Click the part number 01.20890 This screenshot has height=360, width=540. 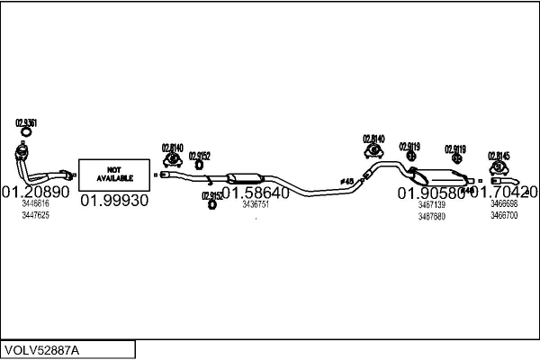click(35, 193)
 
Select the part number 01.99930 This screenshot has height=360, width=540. click(114, 201)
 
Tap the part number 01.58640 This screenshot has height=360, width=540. click(256, 193)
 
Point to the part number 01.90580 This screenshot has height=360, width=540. click(430, 193)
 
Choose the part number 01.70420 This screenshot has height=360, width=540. click(506, 192)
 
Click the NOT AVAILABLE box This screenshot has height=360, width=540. click(114, 173)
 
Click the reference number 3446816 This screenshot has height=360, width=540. click(35, 204)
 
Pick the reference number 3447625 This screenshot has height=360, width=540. click(35, 215)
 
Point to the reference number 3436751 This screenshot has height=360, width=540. click(256, 204)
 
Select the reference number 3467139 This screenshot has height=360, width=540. click(431, 205)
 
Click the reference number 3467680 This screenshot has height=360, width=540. click(431, 216)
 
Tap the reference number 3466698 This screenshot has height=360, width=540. click(504, 205)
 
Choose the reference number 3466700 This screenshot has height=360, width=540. click(504, 216)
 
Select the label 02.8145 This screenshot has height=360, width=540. click(499, 156)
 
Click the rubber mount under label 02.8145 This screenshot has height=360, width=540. click(499, 167)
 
